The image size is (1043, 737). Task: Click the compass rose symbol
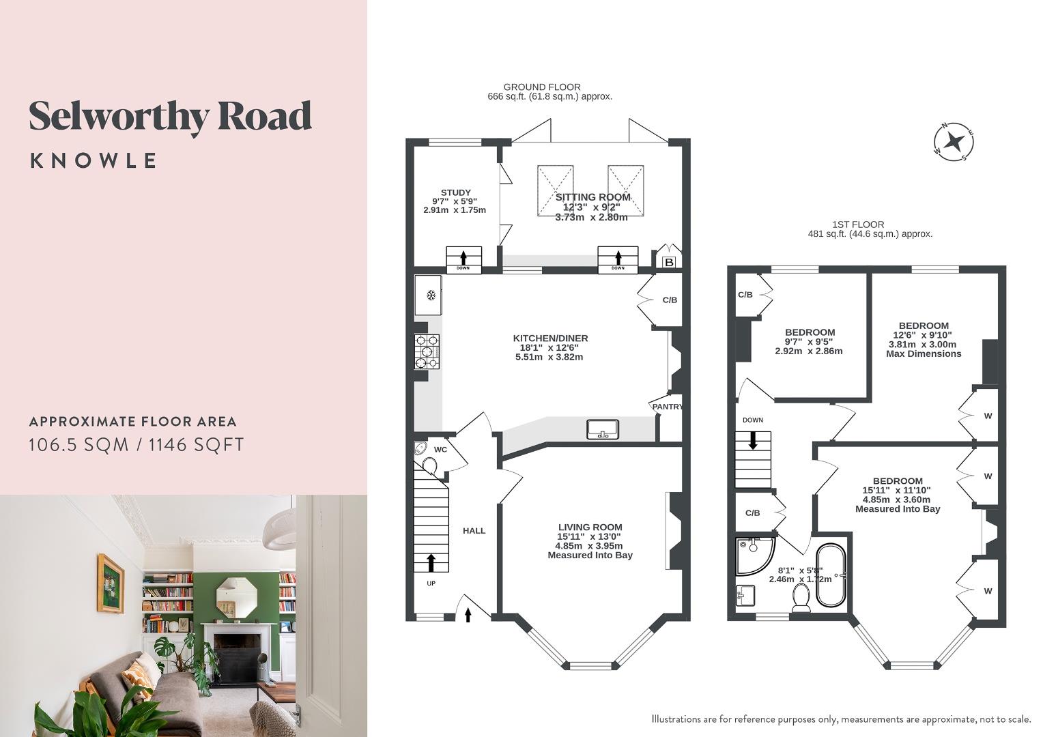coord(954,143)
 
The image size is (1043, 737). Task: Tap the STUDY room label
coord(455,192)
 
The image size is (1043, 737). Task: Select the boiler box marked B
coord(669,262)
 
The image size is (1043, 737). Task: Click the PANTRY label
coord(667,407)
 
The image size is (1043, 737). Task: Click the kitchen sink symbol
coord(602,429)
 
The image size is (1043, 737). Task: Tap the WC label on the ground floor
coord(440,450)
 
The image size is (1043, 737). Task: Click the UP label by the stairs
coord(431,583)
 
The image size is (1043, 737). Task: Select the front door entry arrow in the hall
coord(468,616)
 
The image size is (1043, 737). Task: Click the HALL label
coord(474,530)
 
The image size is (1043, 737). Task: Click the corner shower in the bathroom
coord(753,553)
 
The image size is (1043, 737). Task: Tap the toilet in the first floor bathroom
coord(801,598)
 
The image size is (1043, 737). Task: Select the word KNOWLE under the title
coord(94,161)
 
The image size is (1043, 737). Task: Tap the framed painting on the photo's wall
coord(110,582)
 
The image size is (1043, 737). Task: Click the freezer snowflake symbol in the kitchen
coord(431,295)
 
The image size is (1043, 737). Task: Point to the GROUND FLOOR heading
coord(542,87)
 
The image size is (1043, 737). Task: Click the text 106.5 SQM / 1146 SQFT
coord(136,445)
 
